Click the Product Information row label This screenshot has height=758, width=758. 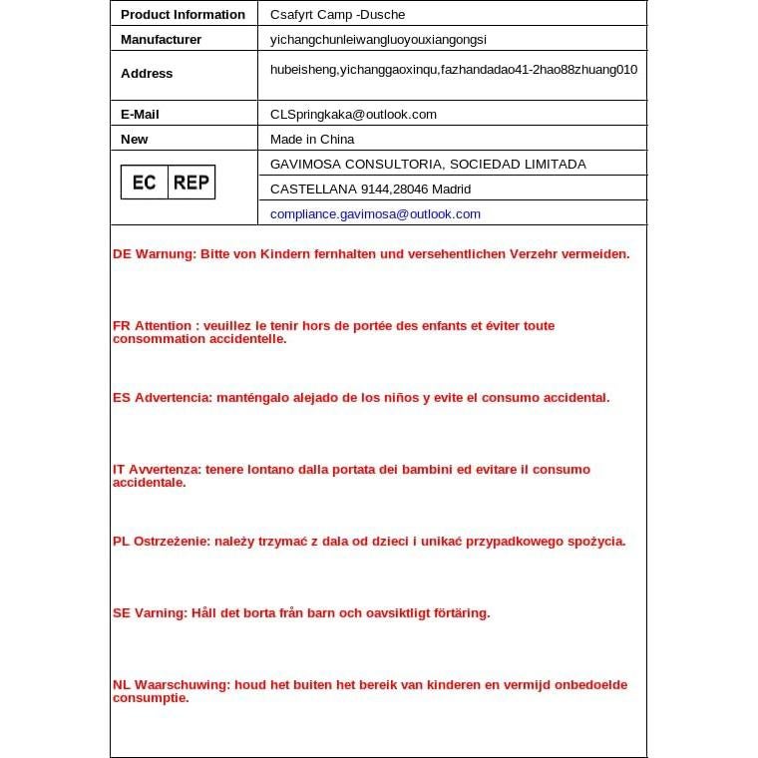coord(183,14)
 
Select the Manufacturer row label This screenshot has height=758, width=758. coord(161,39)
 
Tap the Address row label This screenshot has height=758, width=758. coord(147,73)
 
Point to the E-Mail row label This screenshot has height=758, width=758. coord(140,114)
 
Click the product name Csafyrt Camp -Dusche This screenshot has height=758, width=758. coord(337,14)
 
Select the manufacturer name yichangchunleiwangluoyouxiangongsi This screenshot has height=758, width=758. coord(378,39)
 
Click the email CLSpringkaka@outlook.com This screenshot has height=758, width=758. coord(353,114)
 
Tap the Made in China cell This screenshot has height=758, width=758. coord(312,139)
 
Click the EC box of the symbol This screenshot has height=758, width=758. coord(144,183)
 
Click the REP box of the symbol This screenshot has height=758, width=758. coord(190,183)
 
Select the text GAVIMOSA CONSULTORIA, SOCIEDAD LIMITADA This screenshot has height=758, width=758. coord(428,164)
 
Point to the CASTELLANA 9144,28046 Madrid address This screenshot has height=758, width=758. coord(370,189)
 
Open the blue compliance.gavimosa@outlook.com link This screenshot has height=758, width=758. coord(375,213)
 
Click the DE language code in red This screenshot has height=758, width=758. coord(122,253)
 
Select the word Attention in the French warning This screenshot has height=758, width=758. coord(164,325)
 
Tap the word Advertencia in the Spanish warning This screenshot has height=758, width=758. coord(173,397)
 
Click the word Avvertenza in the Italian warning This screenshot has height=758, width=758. coord(166,469)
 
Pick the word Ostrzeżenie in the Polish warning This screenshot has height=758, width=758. coord(172,541)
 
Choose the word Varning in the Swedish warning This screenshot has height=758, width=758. coord(161,612)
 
